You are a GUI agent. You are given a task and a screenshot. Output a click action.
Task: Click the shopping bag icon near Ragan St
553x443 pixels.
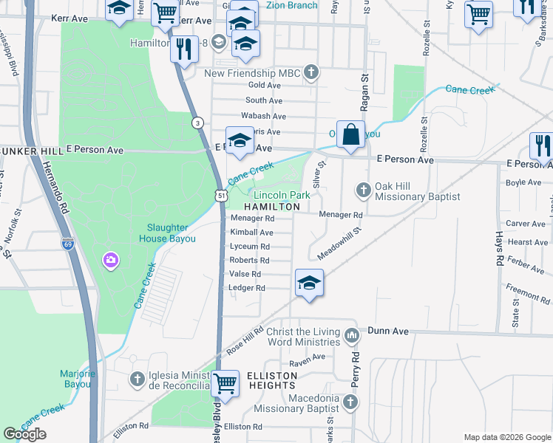tap(351, 136)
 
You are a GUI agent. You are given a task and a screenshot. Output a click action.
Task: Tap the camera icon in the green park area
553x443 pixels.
tap(111, 259)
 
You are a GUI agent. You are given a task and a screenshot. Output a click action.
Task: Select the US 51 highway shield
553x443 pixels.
tap(221, 193)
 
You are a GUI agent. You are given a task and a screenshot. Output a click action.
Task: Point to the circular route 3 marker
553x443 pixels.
tap(197, 123)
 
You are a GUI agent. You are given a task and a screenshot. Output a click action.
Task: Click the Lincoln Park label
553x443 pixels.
tap(282, 195)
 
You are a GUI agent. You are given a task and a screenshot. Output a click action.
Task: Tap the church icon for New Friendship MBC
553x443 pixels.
tap(312, 72)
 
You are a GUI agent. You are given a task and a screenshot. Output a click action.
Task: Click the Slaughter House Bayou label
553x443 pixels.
tap(167, 233)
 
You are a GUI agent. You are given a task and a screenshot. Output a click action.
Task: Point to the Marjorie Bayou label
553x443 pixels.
tap(78, 379)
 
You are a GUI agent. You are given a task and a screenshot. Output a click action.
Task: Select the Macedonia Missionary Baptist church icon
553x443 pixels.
tap(350, 402)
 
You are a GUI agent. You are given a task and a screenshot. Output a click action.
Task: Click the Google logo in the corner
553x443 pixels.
tap(24, 434)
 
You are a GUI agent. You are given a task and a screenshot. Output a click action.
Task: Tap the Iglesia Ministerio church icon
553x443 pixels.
tap(137, 380)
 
